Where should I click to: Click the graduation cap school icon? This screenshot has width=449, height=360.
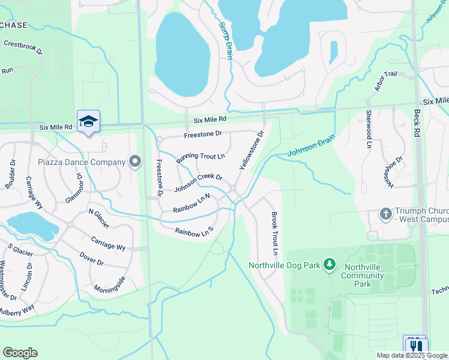pyautogui.click(x=88, y=121)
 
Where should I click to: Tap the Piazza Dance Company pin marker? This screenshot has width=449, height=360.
pyautogui.click(x=135, y=161)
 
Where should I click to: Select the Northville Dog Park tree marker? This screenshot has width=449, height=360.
pyautogui.click(x=328, y=264)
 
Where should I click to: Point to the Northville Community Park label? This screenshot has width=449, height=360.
pyautogui.click(x=362, y=275)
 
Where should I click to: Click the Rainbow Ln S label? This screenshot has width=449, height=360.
pyautogui.click(x=194, y=230)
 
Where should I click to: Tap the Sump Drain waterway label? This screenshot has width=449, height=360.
pyautogui.click(x=225, y=40)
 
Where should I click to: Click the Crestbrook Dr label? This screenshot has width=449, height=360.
pyautogui.click(x=23, y=47)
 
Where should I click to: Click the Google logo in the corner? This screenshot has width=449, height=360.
pyautogui.click(x=20, y=352)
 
